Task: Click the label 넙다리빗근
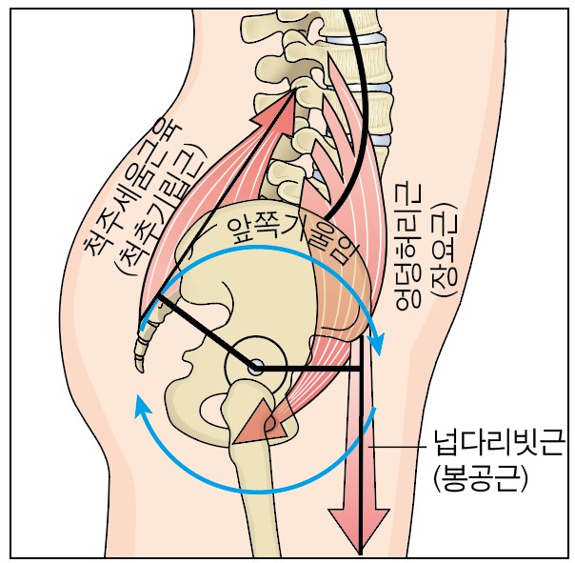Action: (x=498, y=444)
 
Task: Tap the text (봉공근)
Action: (x=480, y=478)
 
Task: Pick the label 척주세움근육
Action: (x=131, y=187)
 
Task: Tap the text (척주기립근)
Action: (x=161, y=211)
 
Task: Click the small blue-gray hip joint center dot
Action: (x=255, y=368)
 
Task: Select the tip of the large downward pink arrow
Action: (x=359, y=553)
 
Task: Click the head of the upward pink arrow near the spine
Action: (x=283, y=107)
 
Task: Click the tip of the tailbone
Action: (x=141, y=371)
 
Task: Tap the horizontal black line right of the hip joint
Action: (x=307, y=368)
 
